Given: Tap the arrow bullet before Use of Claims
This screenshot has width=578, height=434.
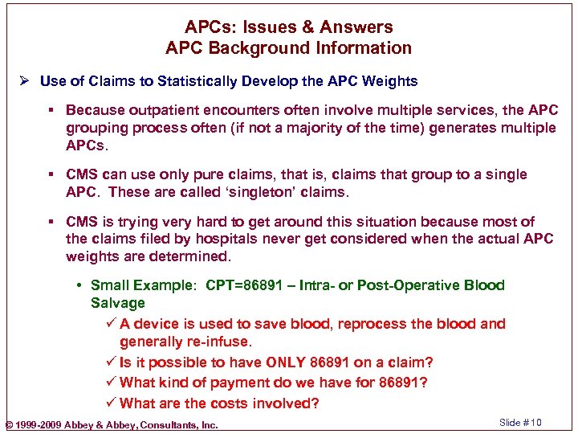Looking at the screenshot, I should point(26,80).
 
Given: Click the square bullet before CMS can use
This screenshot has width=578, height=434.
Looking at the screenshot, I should point(54,174).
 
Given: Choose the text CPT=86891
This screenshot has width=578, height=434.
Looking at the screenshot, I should point(242,285).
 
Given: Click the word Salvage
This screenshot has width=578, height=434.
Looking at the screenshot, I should point(117,303).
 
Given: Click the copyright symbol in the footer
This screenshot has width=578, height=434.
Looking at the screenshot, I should point(9,424).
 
